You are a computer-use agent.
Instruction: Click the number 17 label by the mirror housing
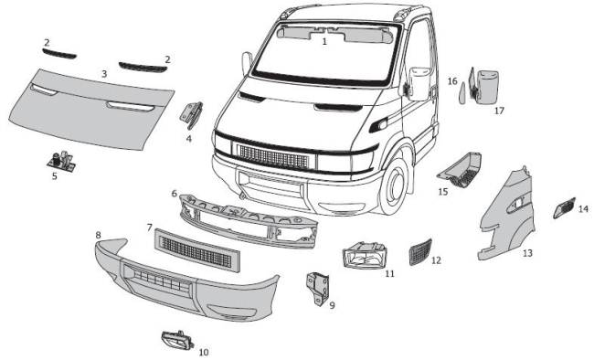[499, 111]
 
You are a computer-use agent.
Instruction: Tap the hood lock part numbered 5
[61, 161]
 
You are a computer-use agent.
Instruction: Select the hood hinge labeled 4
[191, 115]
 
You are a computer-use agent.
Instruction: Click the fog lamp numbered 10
[177, 339]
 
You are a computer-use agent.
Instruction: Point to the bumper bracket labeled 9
[317, 289]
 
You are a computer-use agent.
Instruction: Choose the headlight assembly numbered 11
[366, 255]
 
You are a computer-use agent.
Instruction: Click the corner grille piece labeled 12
[420, 252]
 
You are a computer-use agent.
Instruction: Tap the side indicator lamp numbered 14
[564, 208]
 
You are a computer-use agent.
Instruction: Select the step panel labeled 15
[460, 170]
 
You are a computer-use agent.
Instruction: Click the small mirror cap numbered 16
[462, 93]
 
